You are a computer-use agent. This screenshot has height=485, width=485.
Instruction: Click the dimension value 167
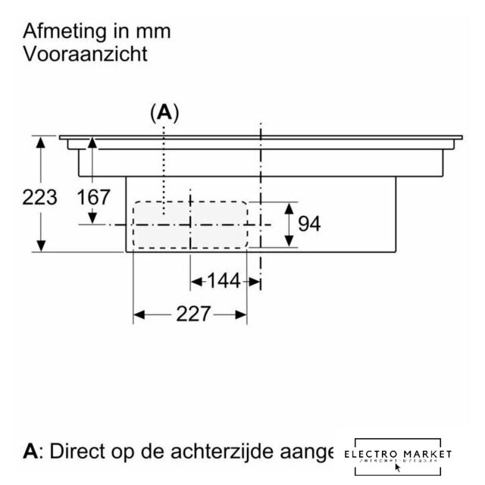tap(94, 198)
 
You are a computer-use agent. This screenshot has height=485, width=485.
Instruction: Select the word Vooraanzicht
tap(84, 55)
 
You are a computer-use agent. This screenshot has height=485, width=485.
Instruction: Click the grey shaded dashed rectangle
tap(191, 224)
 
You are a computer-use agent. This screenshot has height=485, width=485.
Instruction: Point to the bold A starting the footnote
tap(30, 452)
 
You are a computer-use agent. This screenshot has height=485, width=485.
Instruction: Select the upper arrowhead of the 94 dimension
tap(289, 206)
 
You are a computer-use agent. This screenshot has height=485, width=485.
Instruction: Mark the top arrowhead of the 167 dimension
tap(93, 142)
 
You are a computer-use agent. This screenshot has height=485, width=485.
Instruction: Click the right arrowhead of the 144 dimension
tap(257, 282)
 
